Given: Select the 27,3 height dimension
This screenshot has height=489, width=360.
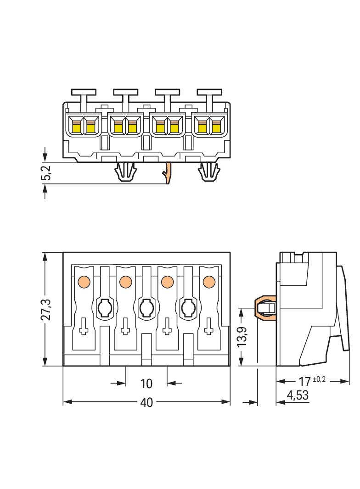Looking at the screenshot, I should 46,309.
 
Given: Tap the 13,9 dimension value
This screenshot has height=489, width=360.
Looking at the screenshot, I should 244,337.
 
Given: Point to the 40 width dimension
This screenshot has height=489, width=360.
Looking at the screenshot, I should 146,402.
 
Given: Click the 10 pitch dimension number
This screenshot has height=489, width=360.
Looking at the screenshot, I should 146,383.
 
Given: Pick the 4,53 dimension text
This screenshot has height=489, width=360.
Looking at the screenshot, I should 297,395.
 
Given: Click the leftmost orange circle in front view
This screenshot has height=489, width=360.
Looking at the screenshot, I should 84,281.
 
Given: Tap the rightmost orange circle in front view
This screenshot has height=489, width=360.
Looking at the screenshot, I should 209,281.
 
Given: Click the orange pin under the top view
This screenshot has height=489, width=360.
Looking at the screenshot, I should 169,173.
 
